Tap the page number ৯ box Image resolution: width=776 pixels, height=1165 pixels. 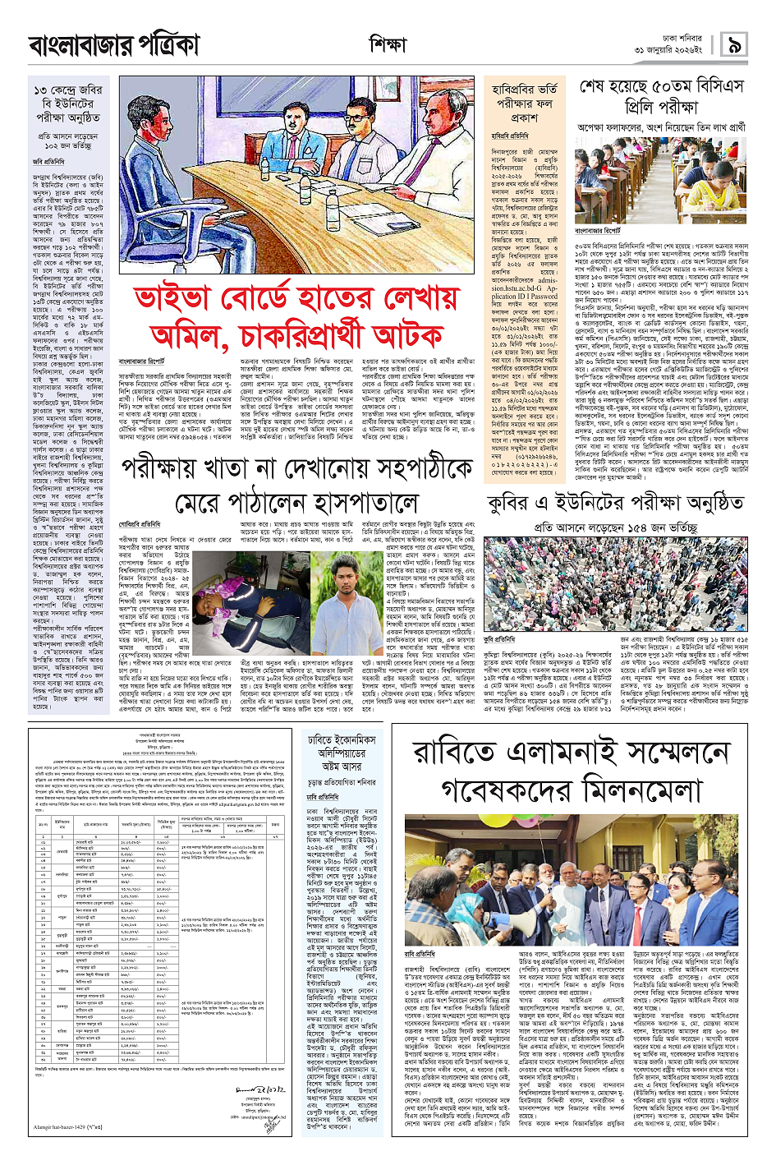coord(733,45)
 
